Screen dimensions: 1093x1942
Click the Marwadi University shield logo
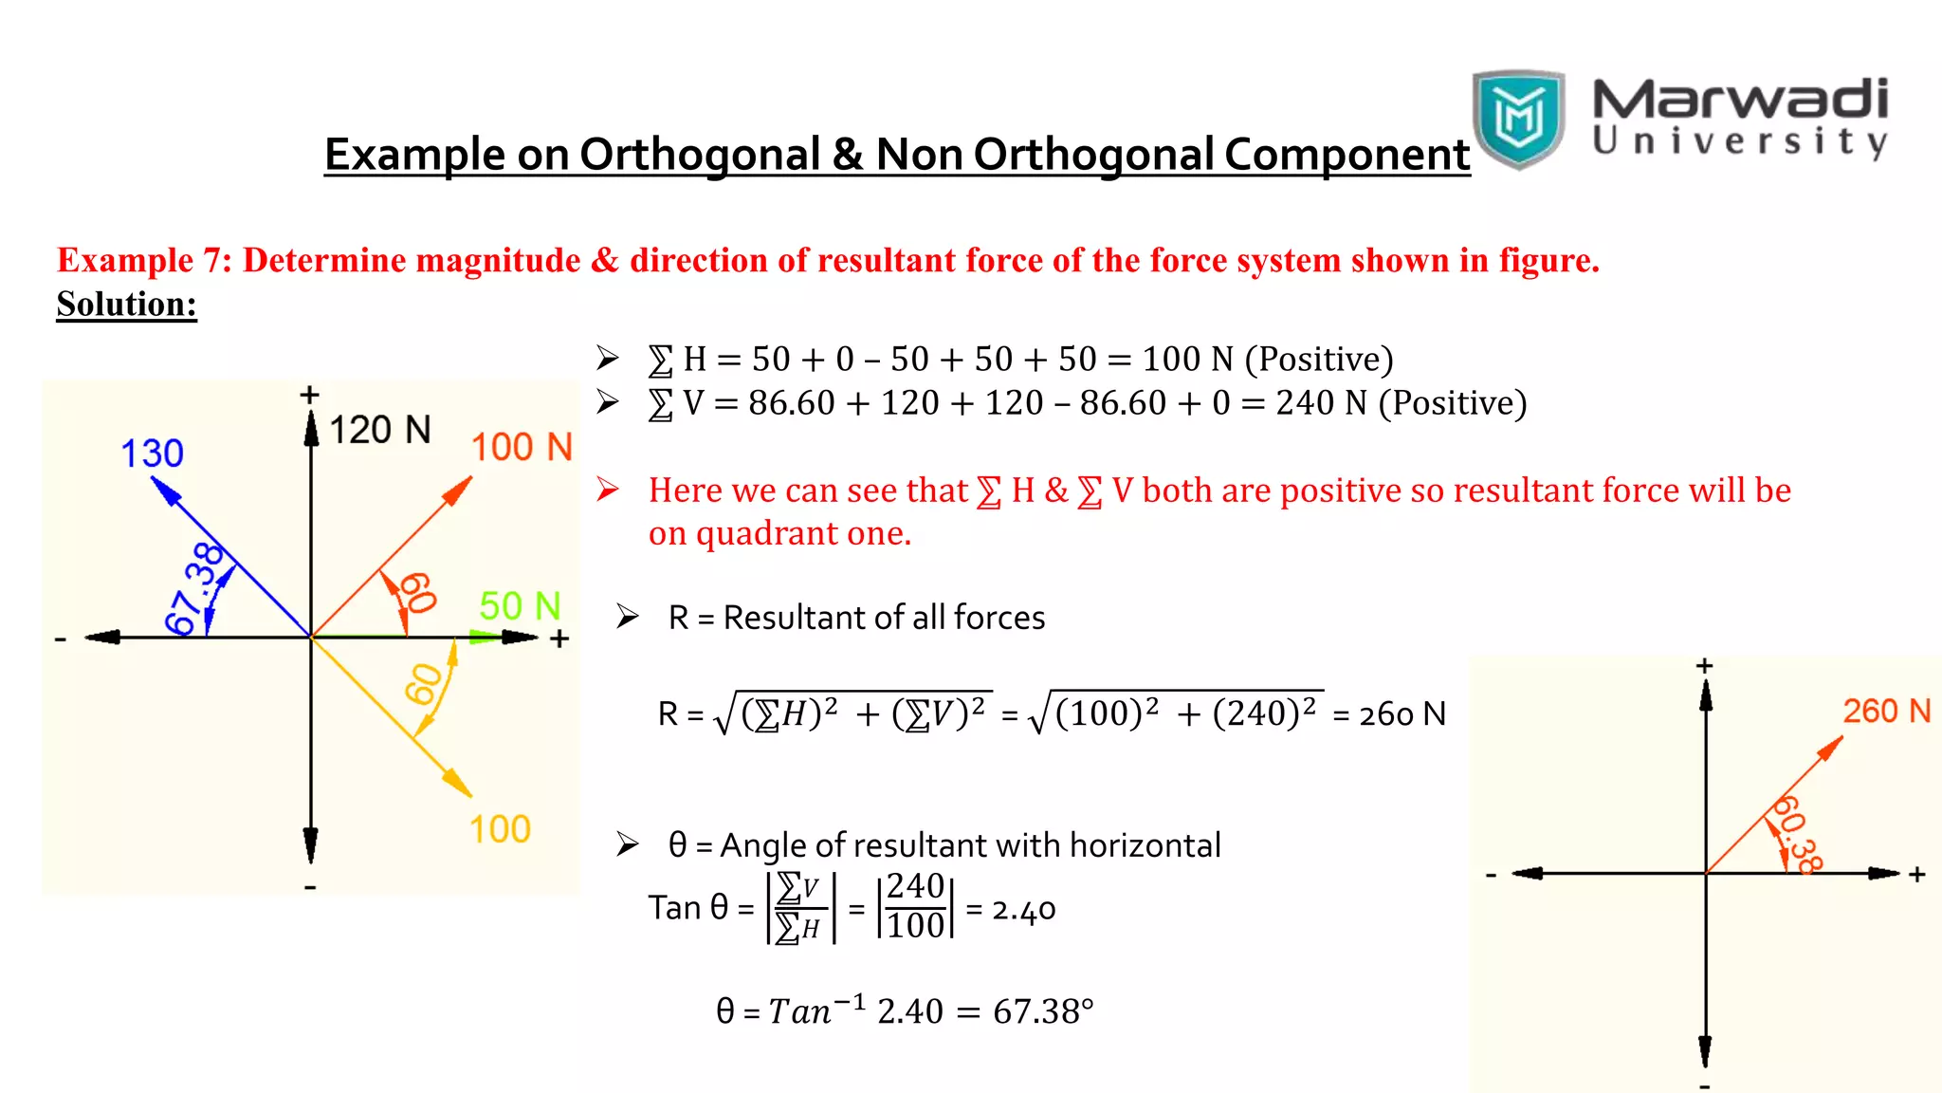click(x=1518, y=119)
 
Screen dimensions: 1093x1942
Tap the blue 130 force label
click(x=152, y=454)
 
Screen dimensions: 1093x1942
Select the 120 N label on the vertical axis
click(x=379, y=430)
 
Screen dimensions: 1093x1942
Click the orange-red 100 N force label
click(x=522, y=447)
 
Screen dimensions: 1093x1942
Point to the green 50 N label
click(x=520, y=605)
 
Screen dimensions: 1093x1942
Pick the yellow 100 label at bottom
click(x=500, y=829)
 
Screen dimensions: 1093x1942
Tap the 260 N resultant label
click(x=1886, y=711)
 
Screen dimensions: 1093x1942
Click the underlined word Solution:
click(x=126, y=304)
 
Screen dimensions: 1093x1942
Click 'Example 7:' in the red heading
click(x=144, y=260)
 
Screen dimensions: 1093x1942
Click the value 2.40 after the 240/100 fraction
click(x=1023, y=910)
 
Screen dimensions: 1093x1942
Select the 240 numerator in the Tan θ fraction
click(x=915, y=886)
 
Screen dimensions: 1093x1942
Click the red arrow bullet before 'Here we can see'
click(x=607, y=490)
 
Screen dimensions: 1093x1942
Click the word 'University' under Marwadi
click(x=1740, y=141)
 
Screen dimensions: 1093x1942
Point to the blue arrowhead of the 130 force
click(x=163, y=489)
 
